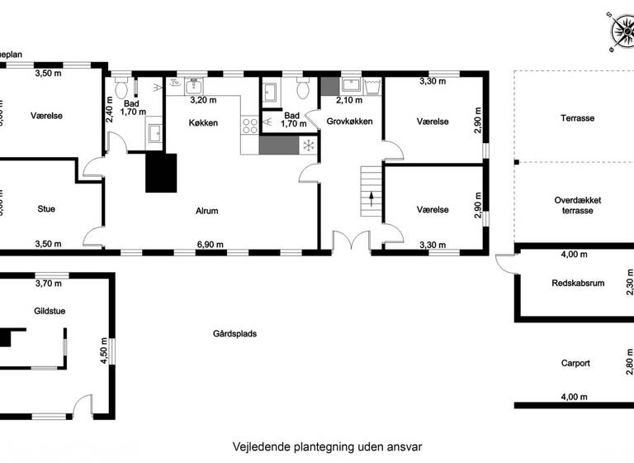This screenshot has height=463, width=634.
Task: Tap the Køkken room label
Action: pyautogui.click(x=203, y=122)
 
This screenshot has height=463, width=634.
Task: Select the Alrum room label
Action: pyautogui.click(x=206, y=211)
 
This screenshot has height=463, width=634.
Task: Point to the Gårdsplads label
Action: pyautogui.click(x=234, y=335)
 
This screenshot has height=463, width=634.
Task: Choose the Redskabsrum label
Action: pyautogui.click(x=578, y=284)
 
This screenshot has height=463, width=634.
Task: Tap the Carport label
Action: pyautogui.click(x=575, y=362)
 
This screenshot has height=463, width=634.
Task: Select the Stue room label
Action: pyautogui.click(x=46, y=209)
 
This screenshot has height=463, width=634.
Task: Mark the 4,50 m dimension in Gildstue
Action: pyautogui.click(x=103, y=351)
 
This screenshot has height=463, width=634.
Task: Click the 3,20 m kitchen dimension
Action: pyautogui.click(x=203, y=101)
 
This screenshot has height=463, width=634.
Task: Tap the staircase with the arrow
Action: pyautogui.click(x=371, y=192)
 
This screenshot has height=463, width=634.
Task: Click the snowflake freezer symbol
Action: pyautogui.click(x=308, y=146)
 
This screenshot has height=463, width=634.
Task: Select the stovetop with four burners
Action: pyautogui.click(x=248, y=126)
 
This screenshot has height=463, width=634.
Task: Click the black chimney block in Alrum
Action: pyautogui.click(x=161, y=173)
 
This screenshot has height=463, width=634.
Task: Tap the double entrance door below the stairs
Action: pyautogui.click(x=352, y=241)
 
